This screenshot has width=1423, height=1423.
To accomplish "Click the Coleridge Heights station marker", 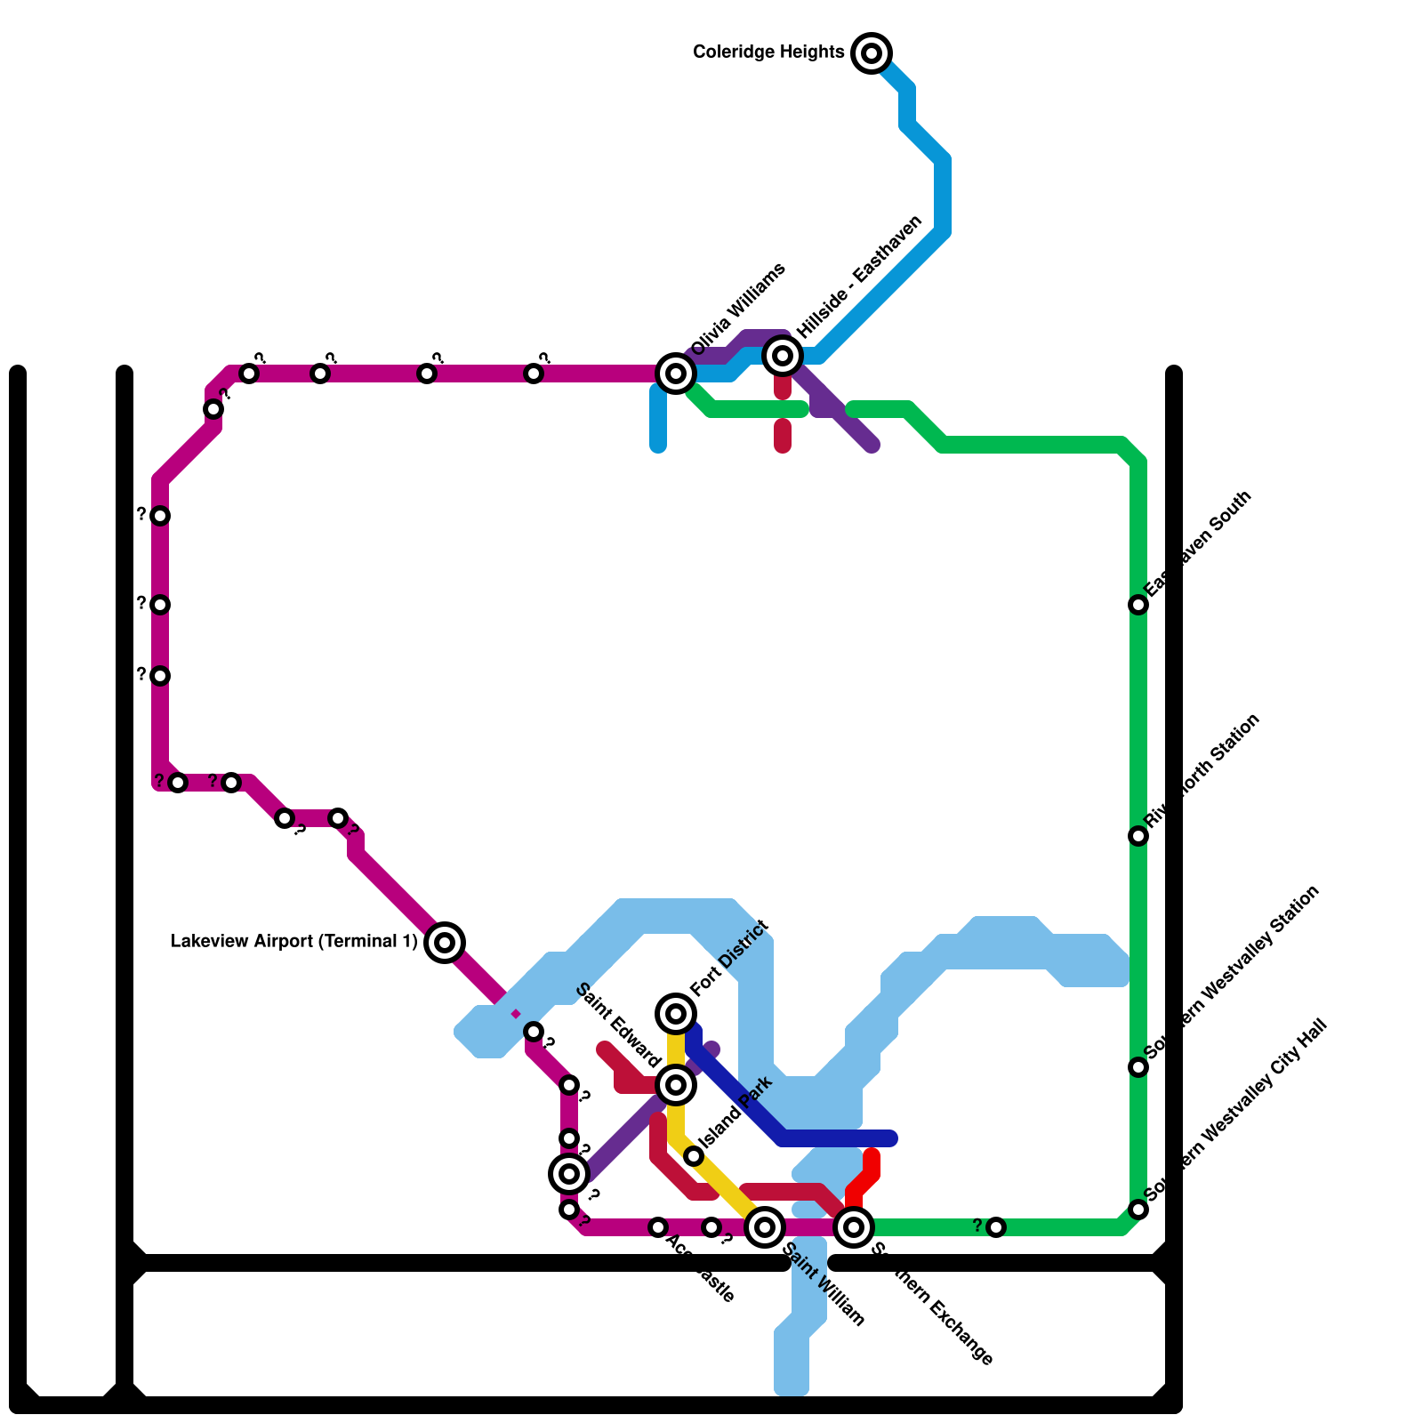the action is pyautogui.click(x=872, y=53).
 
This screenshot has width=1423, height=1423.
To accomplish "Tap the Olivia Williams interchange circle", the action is pyautogui.click(x=676, y=374).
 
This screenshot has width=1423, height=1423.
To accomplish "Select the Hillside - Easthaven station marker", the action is pyautogui.click(x=783, y=356).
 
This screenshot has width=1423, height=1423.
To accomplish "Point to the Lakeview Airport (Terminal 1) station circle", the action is pyautogui.click(x=445, y=942).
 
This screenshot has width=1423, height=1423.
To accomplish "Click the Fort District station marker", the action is pyautogui.click(x=676, y=1013).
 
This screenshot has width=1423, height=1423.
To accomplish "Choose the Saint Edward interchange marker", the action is pyautogui.click(x=676, y=1084).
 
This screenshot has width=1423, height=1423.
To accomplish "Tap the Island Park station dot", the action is pyautogui.click(x=694, y=1156).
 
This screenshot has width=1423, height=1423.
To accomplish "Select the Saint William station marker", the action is pyautogui.click(x=765, y=1227).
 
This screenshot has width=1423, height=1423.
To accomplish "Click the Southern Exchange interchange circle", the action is pyautogui.click(x=854, y=1227).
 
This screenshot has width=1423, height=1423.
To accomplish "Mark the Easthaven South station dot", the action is pyautogui.click(x=1138, y=605).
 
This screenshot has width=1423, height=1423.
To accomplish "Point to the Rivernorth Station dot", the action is pyautogui.click(x=1138, y=836).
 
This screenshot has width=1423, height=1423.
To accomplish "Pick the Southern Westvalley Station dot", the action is pyautogui.click(x=1138, y=1067).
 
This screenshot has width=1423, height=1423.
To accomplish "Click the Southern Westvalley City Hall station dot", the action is pyautogui.click(x=1138, y=1210).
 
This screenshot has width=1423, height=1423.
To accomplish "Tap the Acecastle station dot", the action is pyautogui.click(x=658, y=1227).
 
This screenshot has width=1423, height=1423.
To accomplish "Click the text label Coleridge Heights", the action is pyautogui.click(x=768, y=52).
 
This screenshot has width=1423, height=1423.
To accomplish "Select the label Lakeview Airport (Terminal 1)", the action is pyautogui.click(x=293, y=942).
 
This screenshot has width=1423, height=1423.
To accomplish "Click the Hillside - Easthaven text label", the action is pyautogui.click(x=859, y=277).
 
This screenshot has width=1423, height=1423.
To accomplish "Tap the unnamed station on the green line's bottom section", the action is pyautogui.click(x=996, y=1227).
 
